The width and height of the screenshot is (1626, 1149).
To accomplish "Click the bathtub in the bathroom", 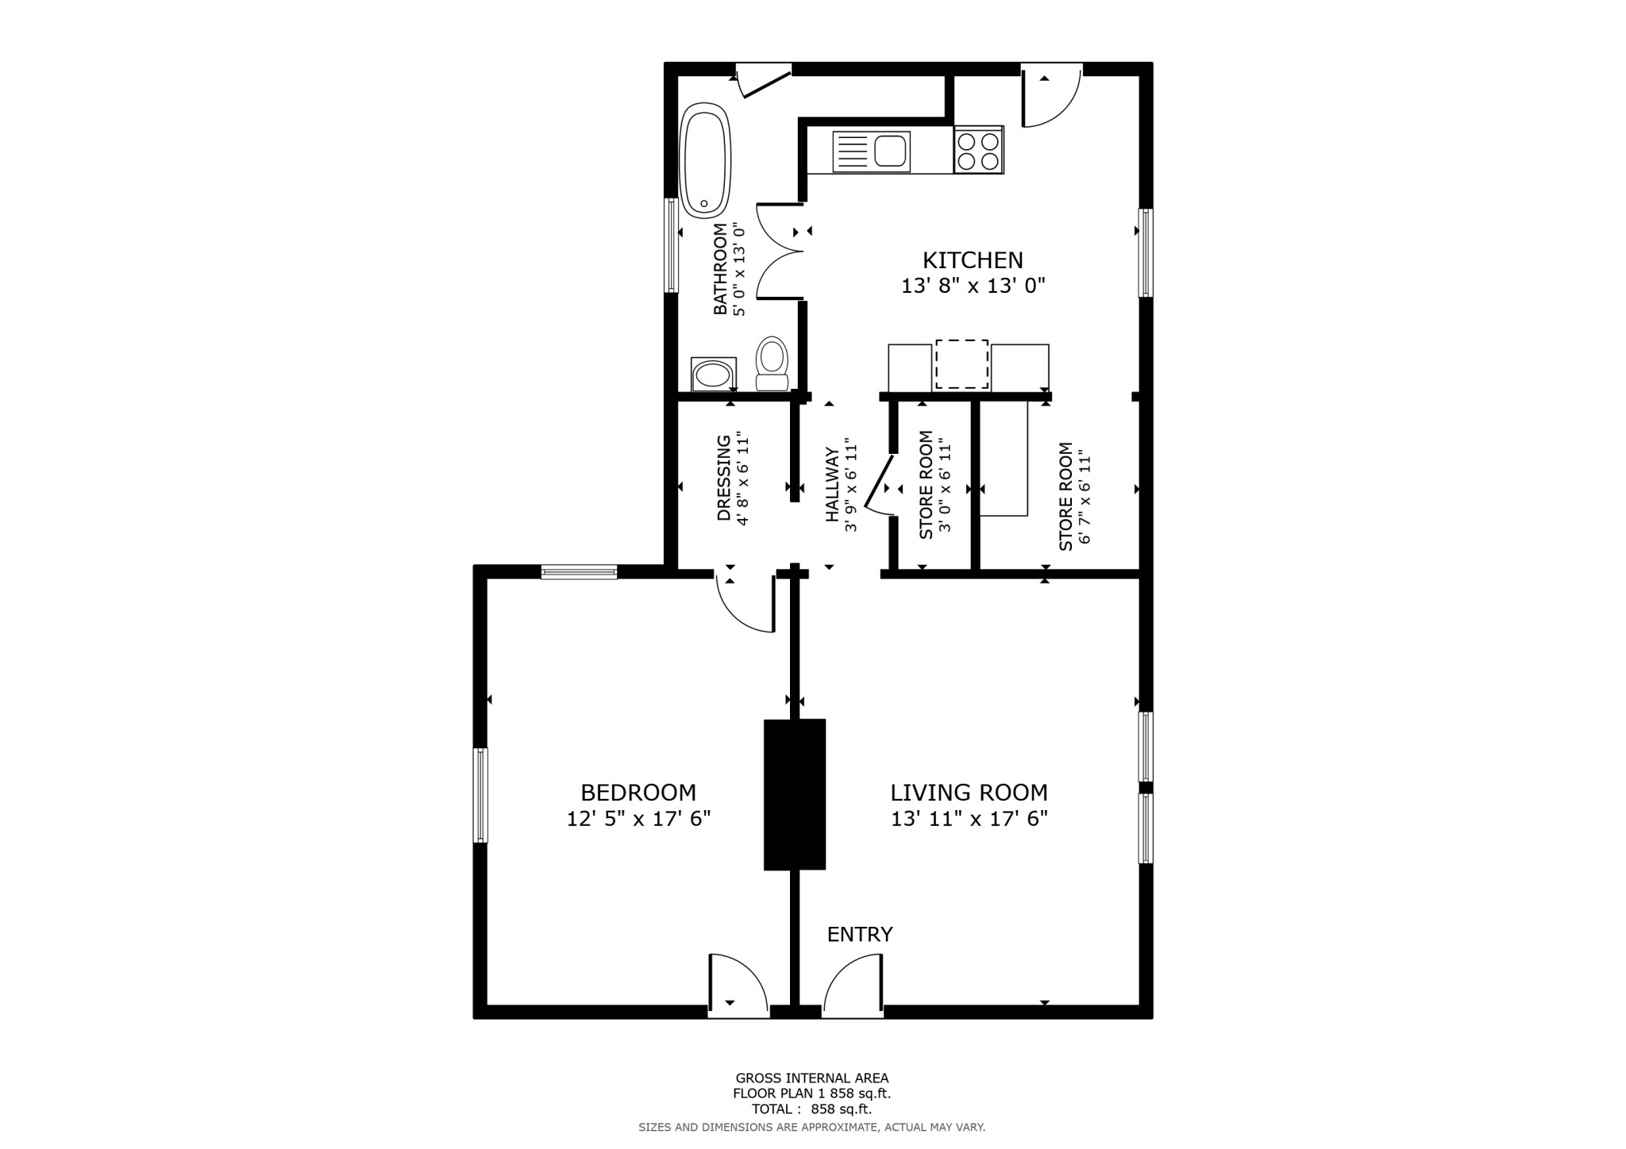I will coord(705,161).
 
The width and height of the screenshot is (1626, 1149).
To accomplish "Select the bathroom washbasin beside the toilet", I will coord(713,374).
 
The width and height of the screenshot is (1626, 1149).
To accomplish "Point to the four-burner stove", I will coord(978,151).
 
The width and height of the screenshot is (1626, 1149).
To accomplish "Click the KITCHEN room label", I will coord(973,260).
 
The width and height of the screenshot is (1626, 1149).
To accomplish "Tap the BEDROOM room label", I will coord(638,793).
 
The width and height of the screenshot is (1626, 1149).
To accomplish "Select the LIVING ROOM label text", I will coord(969,793).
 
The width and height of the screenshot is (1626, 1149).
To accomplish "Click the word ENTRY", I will coord(860,935).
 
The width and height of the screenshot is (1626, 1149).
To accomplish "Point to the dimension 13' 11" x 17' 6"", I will coord(969,819).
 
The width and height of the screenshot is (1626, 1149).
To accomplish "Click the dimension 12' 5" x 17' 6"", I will coord(638,819).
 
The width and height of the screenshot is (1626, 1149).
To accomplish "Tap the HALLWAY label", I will coord(832,485).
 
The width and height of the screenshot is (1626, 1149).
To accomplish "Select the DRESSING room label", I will coord(723,478).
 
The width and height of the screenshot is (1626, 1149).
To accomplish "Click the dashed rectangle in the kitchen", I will coord(961,364).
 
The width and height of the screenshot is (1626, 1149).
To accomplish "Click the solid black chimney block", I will coord(795,794).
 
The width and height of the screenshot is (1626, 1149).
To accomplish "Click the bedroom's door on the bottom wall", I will coord(737,986).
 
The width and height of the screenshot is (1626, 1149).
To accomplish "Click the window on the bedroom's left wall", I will coord(480,795).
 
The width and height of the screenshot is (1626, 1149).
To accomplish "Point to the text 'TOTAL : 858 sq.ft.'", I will coord(811,1109).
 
